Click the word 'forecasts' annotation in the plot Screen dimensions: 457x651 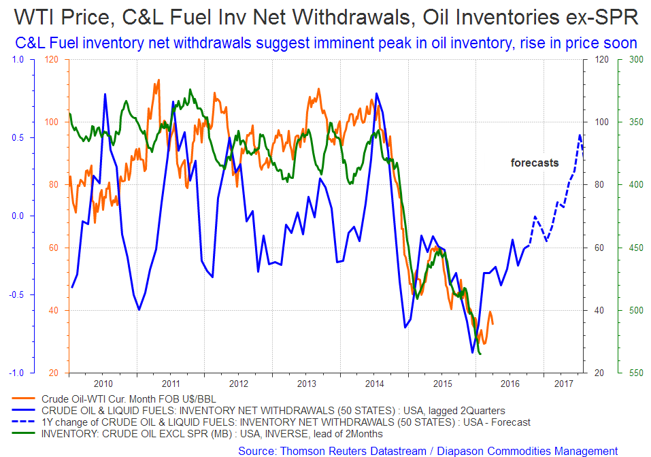tap(535, 163)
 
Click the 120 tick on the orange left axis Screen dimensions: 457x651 tap(52, 59)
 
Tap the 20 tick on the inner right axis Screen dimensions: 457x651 tap(601, 373)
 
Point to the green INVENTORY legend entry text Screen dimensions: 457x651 tap(212, 434)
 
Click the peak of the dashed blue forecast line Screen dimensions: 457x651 tap(580, 135)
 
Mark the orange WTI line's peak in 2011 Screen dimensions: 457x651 tap(158, 80)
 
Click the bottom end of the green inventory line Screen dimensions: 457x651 tap(480, 354)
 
